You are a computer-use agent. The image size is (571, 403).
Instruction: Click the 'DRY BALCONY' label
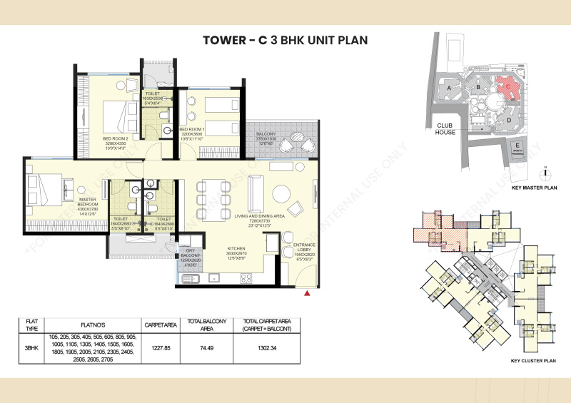[x=190, y=252]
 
